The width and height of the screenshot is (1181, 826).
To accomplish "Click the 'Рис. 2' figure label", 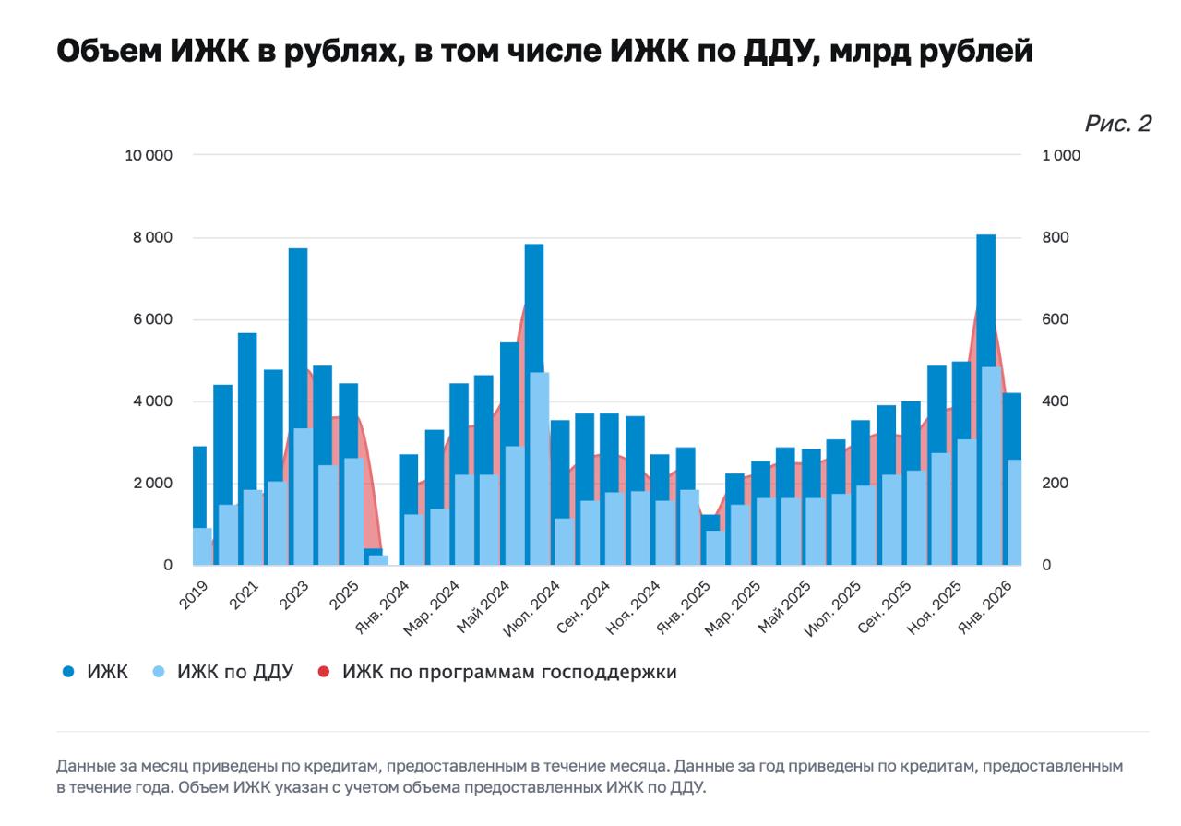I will [1117, 124].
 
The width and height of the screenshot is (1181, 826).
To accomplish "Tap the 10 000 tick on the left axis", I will [149, 155].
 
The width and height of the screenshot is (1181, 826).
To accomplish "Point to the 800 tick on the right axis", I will [1055, 237].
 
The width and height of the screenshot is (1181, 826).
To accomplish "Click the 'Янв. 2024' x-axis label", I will [384, 605].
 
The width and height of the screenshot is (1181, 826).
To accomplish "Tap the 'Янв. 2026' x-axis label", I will [986, 605].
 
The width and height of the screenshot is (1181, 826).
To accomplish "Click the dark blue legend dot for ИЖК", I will [68, 672].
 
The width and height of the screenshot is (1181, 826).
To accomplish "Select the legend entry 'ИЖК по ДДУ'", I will [234, 672].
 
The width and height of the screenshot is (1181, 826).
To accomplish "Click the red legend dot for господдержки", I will [323, 672].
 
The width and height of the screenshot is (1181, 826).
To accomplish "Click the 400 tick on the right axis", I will [1055, 401].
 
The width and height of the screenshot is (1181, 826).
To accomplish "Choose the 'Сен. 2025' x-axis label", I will [885, 605].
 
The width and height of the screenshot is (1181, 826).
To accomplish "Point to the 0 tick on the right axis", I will [1046, 565].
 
